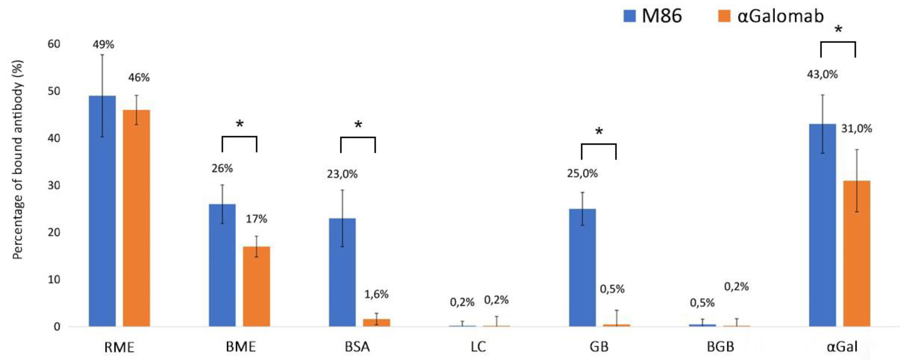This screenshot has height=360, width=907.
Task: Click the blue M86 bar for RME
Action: (x=102, y=211)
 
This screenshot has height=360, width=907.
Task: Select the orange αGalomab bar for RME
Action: (x=136, y=218)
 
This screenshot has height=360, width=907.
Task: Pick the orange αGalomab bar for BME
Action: (x=256, y=287)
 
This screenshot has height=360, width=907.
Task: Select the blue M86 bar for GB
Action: (x=582, y=267)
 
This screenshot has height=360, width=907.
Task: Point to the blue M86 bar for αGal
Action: (x=822, y=225)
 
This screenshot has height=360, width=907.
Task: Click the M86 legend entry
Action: (x=652, y=16)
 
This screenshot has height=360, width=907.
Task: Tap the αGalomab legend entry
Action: (x=771, y=16)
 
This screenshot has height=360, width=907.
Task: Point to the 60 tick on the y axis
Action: (x=54, y=44)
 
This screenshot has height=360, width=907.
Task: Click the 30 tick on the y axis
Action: (x=54, y=185)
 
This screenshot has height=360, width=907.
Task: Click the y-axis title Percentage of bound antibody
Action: (x=18, y=160)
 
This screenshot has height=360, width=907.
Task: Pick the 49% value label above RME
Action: (x=104, y=45)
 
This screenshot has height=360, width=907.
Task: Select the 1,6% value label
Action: (x=376, y=294)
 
